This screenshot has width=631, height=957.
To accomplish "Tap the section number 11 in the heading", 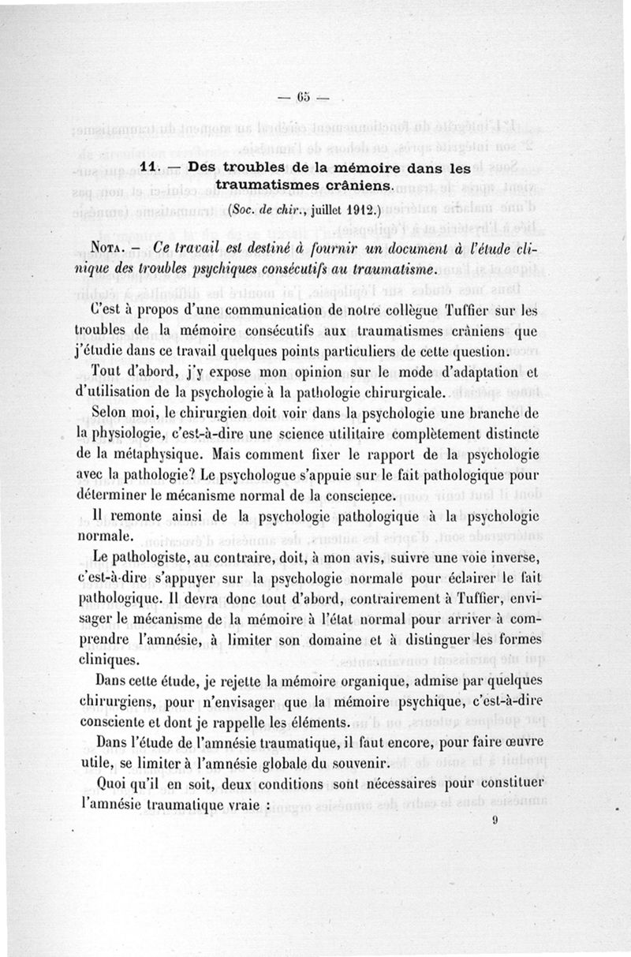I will pyautogui.click(x=149, y=168).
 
